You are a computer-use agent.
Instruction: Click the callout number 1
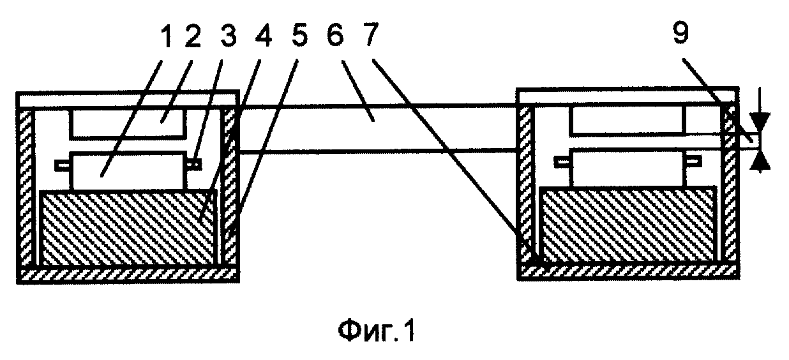click(166, 36)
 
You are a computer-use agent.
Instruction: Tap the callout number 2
click(192, 36)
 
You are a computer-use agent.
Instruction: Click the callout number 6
click(334, 34)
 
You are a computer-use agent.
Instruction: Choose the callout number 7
click(370, 34)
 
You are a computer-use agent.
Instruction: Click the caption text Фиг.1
click(376, 331)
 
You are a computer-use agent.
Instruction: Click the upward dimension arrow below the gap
click(760, 162)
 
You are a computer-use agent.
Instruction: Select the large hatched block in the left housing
click(128, 228)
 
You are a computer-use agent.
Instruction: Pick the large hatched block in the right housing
click(629, 225)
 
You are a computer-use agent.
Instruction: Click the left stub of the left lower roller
click(63, 165)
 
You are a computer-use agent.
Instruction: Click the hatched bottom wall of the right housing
click(628, 271)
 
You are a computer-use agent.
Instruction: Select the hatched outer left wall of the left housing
click(26, 188)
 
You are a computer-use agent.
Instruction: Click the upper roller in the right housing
click(627, 121)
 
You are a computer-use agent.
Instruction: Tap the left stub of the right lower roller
click(562, 161)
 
